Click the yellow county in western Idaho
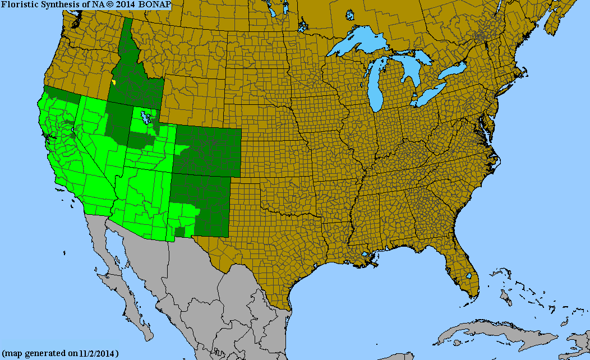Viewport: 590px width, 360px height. pos(114,82)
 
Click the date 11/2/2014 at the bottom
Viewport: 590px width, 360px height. pos(98,353)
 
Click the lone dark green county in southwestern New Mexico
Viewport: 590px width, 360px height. pos(179,232)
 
